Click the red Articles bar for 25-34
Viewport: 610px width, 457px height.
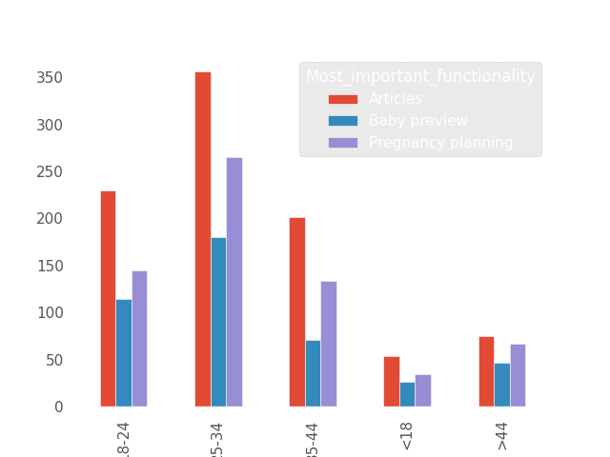pyautogui.click(x=203, y=239)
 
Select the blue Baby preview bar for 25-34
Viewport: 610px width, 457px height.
pyautogui.click(x=218, y=322)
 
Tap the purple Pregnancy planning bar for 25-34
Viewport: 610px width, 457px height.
pyautogui.click(x=234, y=282)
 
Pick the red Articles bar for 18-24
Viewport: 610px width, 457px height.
pyautogui.click(x=108, y=299)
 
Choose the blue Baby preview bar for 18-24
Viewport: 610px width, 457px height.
pyautogui.click(x=124, y=353)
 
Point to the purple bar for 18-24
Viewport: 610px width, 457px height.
pyautogui.click(x=139, y=339)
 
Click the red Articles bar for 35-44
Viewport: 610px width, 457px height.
pyautogui.click(x=297, y=312)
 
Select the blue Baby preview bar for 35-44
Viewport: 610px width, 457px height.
pyautogui.click(x=313, y=373)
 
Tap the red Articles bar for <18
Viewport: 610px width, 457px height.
pyautogui.click(x=392, y=382)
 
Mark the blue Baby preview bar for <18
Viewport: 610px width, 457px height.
pyautogui.click(x=407, y=394)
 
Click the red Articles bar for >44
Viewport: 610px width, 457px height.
pyautogui.click(x=486, y=371)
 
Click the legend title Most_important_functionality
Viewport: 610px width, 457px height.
pyautogui.click(x=420, y=77)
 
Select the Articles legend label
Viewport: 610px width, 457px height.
pyautogui.click(x=396, y=99)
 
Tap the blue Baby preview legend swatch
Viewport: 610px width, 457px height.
pyautogui.click(x=343, y=121)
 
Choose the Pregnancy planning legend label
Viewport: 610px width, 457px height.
pyautogui.click(x=440, y=143)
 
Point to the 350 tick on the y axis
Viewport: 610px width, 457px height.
pyautogui.click(x=50, y=77)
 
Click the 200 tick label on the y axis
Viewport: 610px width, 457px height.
pyautogui.click(x=50, y=218)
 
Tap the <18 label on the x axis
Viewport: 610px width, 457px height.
pyautogui.click(x=407, y=436)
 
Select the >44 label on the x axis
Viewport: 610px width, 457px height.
pyautogui.click(x=502, y=436)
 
